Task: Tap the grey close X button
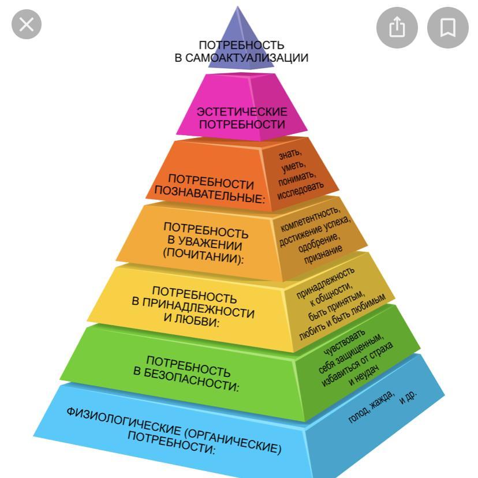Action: coord(27,24)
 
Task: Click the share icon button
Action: coord(397,28)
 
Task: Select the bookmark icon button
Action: coord(448,28)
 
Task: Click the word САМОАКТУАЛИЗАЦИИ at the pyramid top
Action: coord(247,58)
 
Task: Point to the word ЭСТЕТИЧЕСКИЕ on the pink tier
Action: coord(242,112)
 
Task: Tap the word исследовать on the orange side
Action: coord(300,191)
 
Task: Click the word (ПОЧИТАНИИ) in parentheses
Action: coord(203,256)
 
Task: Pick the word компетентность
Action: coord(309,219)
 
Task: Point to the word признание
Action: coord(323,255)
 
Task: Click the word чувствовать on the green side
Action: coord(344,343)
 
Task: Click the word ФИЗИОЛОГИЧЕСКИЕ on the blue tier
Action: coord(124,421)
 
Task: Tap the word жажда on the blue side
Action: coord(382,400)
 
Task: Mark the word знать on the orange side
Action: coord(290,154)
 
